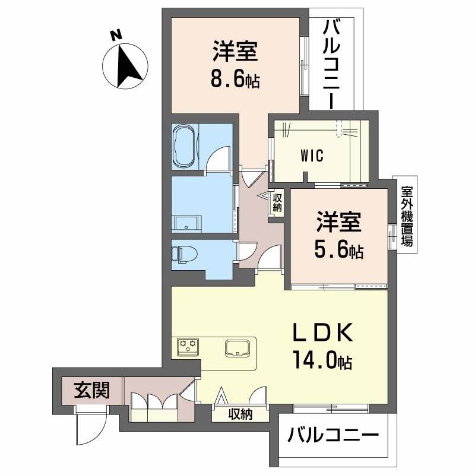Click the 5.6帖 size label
tap(338, 251)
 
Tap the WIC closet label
tap(311, 156)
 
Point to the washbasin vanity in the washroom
tap(188, 223)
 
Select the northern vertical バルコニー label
tap(332, 62)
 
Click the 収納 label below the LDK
tap(240, 414)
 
